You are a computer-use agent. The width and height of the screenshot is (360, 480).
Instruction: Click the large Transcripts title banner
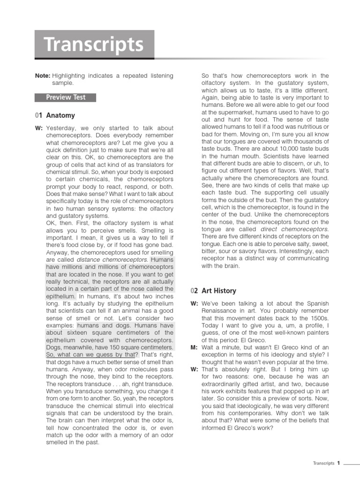pyautogui.click(x=94, y=45)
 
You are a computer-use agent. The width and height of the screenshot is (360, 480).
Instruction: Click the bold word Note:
pyautogui.click(x=42, y=75)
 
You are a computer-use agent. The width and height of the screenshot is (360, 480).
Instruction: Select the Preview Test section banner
pyautogui.click(x=66, y=97)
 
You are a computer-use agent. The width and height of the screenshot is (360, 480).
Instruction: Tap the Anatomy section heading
pyautogui.click(x=60, y=115)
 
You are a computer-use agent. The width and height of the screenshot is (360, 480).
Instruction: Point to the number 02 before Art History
pyautogui.click(x=195, y=291)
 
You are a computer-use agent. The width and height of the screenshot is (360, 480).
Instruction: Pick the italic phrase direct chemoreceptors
pyautogui.click(x=301, y=229)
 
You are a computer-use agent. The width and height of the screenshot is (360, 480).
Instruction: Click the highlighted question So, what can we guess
pyautogui.click(x=90, y=355)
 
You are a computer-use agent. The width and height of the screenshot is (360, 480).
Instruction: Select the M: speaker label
pyautogui.click(x=195, y=347)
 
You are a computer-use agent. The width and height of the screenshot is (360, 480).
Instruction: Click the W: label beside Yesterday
pyautogui.click(x=38, y=128)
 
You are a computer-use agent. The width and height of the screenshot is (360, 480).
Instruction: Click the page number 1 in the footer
pyautogui.click(x=338, y=463)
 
